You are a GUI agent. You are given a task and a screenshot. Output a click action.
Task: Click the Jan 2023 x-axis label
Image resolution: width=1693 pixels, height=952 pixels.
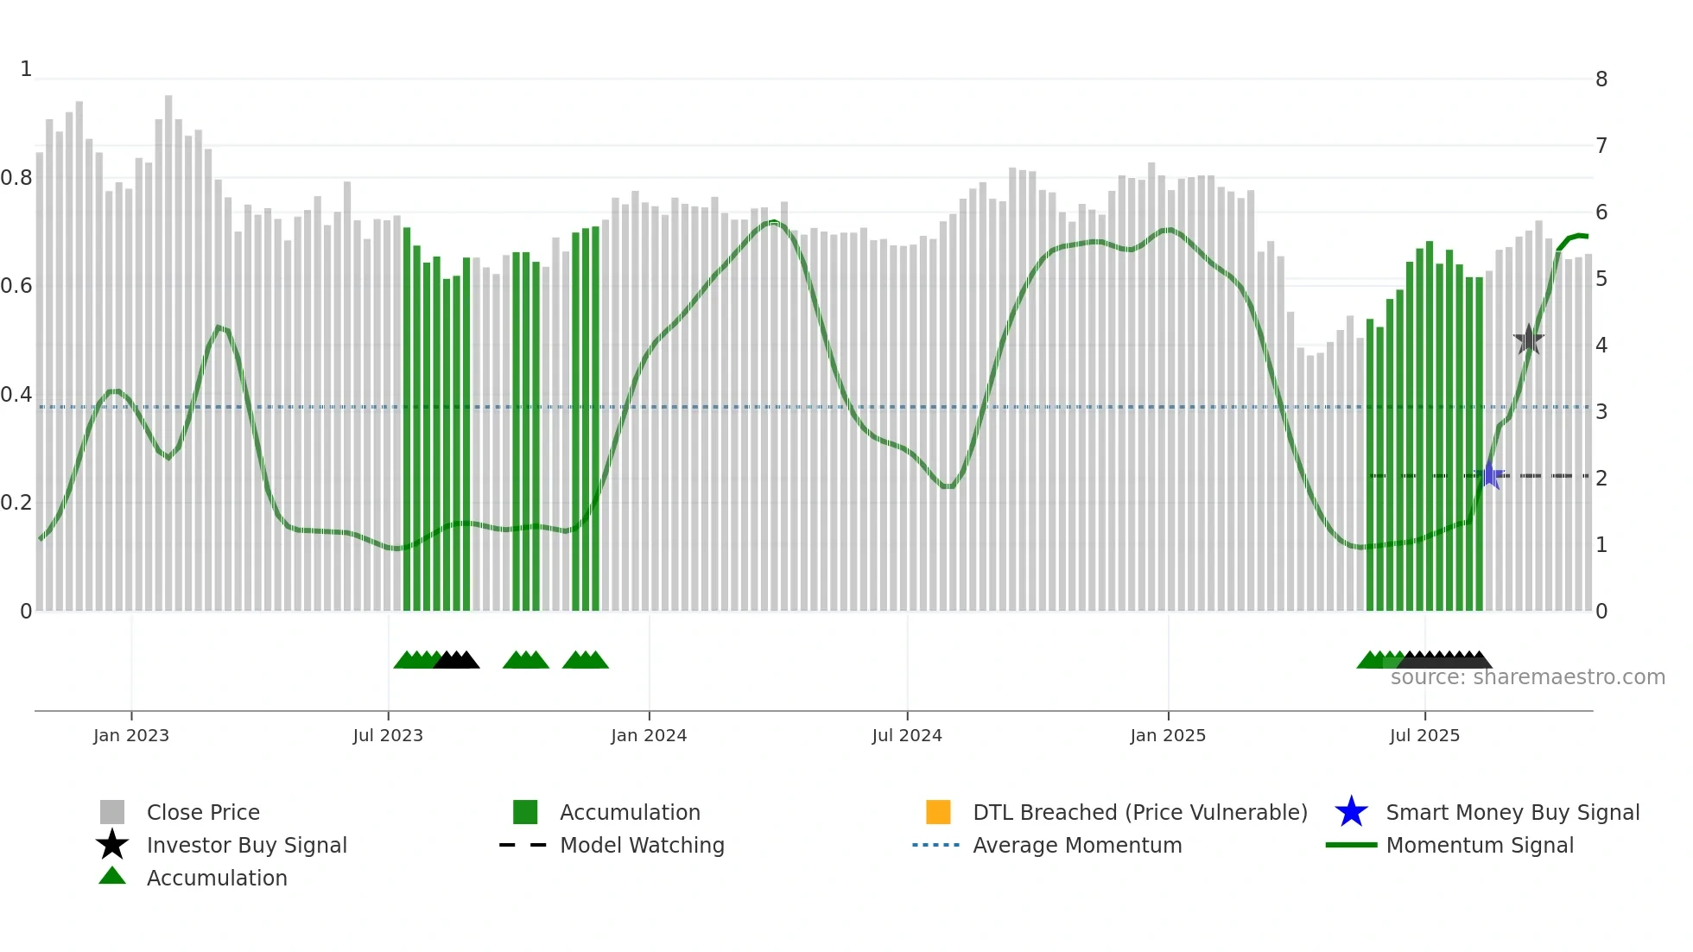tap(131, 735)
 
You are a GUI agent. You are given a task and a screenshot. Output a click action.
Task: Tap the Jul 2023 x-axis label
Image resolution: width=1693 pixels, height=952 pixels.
tap(388, 735)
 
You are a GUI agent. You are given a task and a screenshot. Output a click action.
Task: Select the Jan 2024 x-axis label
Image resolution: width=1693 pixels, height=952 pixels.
tap(649, 735)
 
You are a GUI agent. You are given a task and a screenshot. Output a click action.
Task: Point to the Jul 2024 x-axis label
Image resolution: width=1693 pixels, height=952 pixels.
tap(907, 735)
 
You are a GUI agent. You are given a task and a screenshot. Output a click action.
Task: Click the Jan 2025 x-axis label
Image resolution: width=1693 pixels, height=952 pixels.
tap(1168, 735)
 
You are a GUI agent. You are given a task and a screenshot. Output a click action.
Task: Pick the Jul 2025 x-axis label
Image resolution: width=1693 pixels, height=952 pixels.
tap(1424, 735)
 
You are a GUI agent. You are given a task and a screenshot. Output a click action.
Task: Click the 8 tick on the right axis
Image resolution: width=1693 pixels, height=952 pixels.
tap(1601, 79)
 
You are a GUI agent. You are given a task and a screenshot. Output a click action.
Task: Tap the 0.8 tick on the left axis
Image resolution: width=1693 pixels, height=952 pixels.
tap(16, 178)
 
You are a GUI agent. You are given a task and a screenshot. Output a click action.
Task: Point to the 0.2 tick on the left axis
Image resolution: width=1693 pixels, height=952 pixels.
tap(16, 503)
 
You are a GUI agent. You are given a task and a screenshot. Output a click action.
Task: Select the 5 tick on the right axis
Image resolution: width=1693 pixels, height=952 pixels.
tap(1601, 279)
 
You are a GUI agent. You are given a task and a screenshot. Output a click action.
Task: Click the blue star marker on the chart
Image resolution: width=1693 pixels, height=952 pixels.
tap(1490, 475)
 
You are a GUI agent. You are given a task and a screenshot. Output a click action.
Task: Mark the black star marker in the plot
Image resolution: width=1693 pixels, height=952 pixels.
tap(1529, 340)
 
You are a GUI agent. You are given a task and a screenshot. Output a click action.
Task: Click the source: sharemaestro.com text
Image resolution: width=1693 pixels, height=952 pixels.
tap(1527, 677)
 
